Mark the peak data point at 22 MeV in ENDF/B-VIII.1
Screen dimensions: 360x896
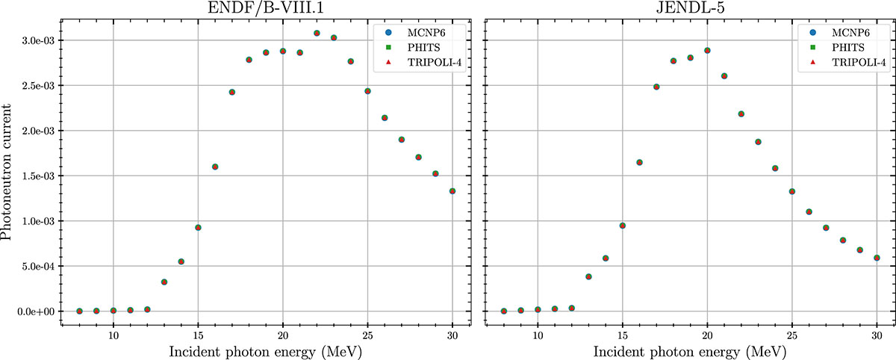point(317,34)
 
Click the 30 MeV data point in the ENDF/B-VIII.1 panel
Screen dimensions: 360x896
point(452,191)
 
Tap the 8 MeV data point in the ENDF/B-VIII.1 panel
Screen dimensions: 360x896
point(79,311)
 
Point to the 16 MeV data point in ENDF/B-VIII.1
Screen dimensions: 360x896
point(215,167)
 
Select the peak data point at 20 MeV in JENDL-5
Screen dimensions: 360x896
point(707,51)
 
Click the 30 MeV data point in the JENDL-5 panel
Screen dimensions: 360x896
point(877,258)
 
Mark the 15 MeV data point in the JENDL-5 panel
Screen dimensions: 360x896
point(622,226)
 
